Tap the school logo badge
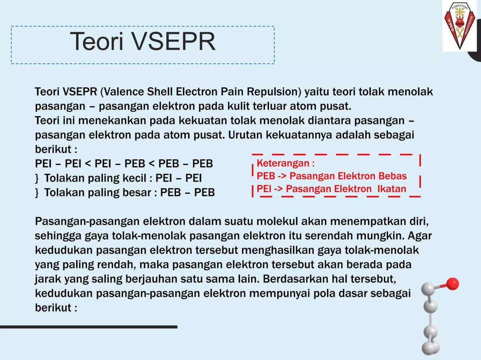(x=459, y=26)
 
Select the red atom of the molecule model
(x=453, y=284)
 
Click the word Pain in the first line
(x=232, y=92)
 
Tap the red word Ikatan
(x=392, y=189)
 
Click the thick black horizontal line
(x=88, y=327)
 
